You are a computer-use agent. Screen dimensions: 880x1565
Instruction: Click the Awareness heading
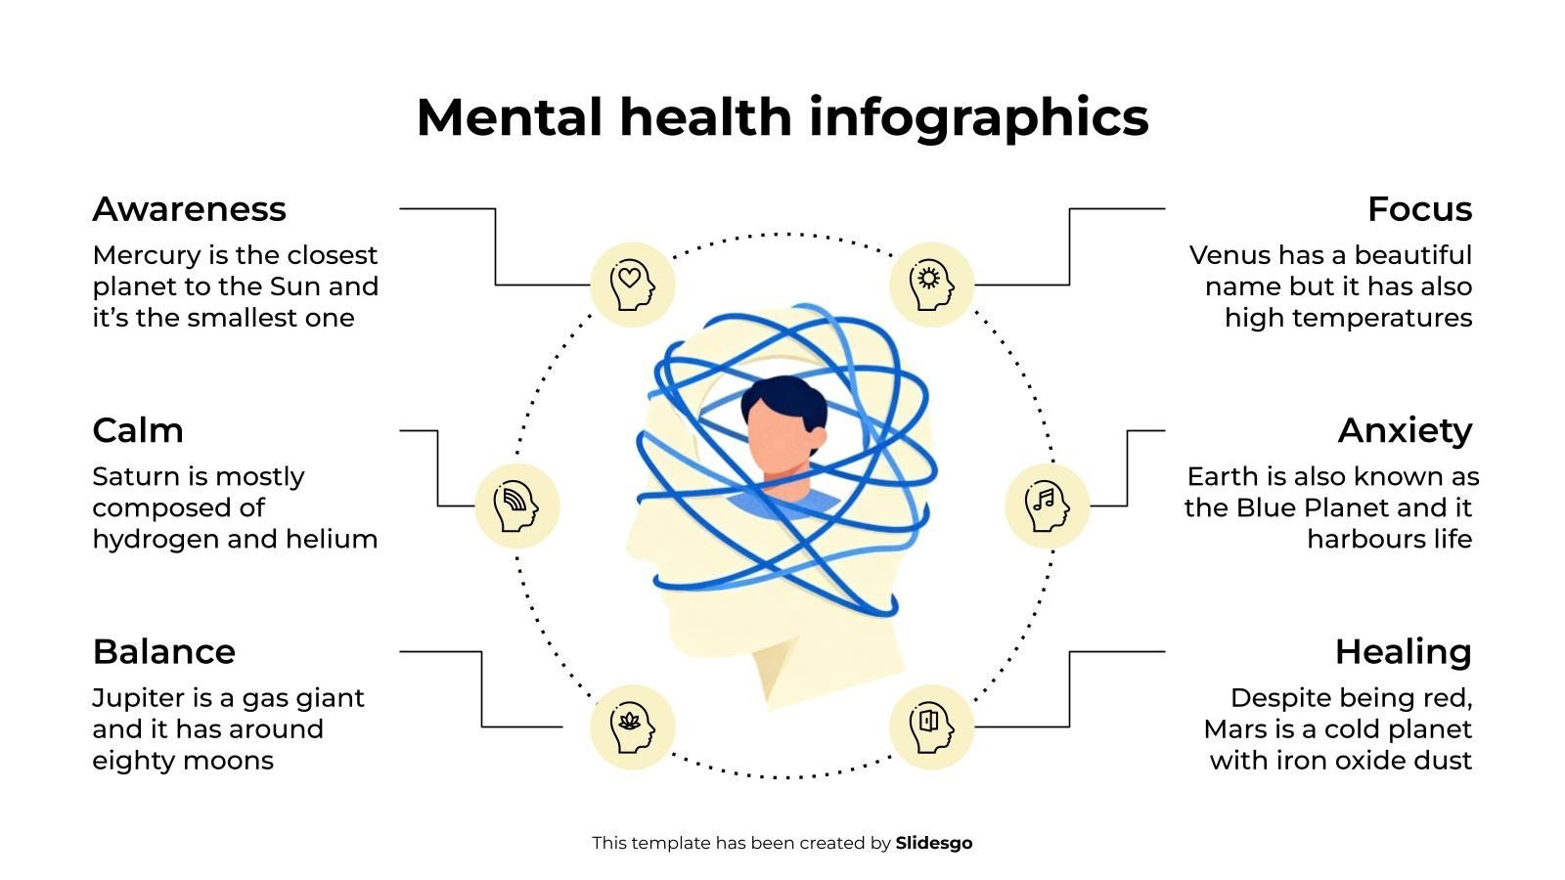click(189, 209)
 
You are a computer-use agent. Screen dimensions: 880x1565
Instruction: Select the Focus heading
click(1419, 209)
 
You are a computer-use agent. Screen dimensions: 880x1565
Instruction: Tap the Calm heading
click(138, 430)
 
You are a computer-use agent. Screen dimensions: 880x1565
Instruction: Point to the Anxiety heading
click(1405, 430)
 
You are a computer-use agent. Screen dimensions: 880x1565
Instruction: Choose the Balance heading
click(163, 652)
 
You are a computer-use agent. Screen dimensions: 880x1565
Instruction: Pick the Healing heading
click(1403, 652)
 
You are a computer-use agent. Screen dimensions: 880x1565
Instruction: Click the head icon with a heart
click(632, 285)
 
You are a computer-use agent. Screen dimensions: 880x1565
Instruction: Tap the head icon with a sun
click(931, 285)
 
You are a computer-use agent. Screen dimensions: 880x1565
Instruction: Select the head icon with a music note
click(1047, 506)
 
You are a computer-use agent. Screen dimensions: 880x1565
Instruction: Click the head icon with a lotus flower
click(632, 727)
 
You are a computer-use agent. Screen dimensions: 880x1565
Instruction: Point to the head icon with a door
click(931, 727)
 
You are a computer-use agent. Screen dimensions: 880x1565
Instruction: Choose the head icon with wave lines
click(516, 506)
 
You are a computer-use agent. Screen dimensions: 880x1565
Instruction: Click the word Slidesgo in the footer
click(934, 843)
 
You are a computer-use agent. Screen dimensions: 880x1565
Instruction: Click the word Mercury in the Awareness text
click(146, 255)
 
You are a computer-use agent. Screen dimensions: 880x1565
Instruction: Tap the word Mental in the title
click(509, 117)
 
